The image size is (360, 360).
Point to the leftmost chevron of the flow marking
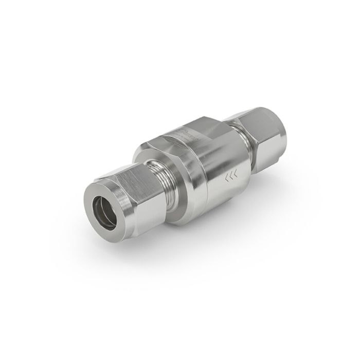(x=226, y=179)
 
